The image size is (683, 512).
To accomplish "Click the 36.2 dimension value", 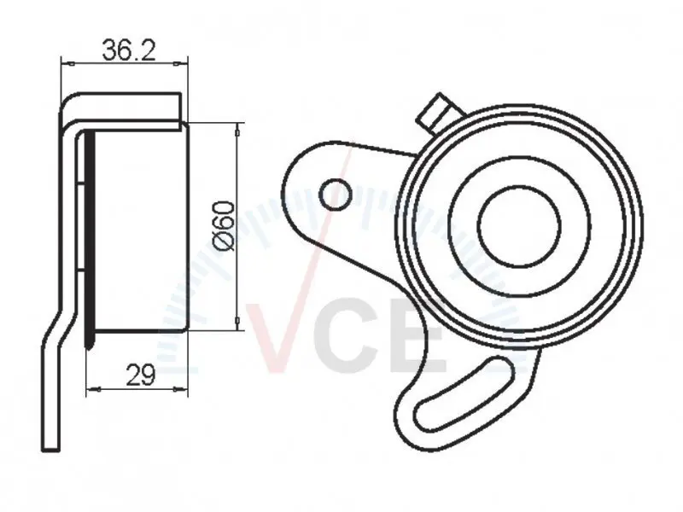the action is point(129,49).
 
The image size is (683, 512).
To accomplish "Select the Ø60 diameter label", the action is point(225,226).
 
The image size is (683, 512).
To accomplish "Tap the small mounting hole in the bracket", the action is point(336,195).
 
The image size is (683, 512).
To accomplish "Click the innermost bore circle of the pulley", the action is point(519,226).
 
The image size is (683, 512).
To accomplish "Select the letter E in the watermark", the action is point(419,337).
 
